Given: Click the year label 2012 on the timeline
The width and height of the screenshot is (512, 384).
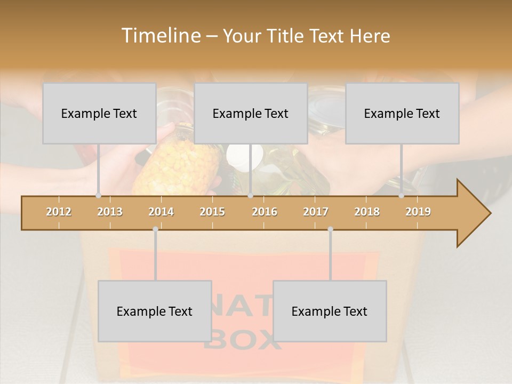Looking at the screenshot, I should pyautogui.click(x=59, y=212).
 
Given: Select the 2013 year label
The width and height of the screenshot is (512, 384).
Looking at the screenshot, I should pyautogui.click(x=110, y=212).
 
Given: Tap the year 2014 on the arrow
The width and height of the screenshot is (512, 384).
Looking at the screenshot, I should pyautogui.click(x=161, y=212).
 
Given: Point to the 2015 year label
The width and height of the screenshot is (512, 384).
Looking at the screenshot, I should pyautogui.click(x=212, y=212).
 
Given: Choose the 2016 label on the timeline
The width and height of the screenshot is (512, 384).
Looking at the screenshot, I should pyautogui.click(x=265, y=212).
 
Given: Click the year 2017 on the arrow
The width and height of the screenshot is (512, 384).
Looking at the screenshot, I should pyautogui.click(x=316, y=212).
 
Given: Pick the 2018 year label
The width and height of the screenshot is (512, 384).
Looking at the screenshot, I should pyautogui.click(x=367, y=212).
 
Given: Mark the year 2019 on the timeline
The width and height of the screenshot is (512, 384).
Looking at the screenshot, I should pyautogui.click(x=418, y=212).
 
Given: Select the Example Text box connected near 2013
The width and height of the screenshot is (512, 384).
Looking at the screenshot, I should pyautogui.click(x=99, y=114).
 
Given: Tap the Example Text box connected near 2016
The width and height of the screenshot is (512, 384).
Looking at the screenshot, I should pyautogui.click(x=251, y=114).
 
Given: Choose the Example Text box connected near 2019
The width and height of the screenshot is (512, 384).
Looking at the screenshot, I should pyautogui.click(x=402, y=114).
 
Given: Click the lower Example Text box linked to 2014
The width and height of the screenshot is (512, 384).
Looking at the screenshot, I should pyautogui.click(x=155, y=311).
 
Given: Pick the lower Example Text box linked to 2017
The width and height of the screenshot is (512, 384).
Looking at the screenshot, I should pyautogui.click(x=330, y=311).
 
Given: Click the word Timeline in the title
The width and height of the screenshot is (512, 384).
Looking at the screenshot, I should pyautogui.click(x=159, y=36).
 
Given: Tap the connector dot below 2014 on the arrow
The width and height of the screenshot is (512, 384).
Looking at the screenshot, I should pyautogui.click(x=155, y=229).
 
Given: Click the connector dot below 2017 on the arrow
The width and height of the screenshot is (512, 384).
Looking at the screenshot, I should pyautogui.click(x=330, y=229).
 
